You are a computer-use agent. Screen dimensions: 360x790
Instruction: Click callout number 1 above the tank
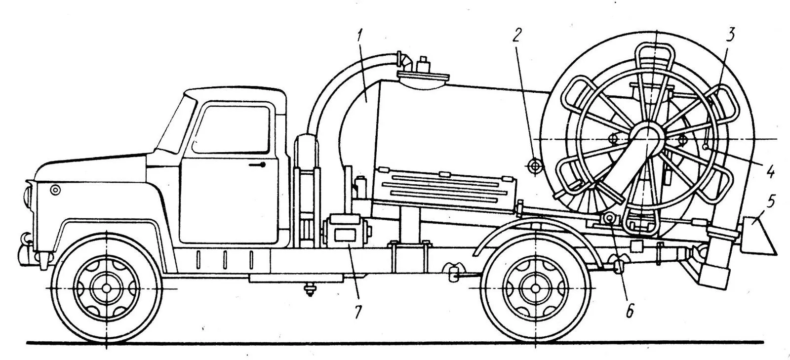[361, 36]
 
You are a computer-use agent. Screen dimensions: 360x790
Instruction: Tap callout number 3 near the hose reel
[730, 34]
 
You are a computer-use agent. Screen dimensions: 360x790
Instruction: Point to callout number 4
[769, 173]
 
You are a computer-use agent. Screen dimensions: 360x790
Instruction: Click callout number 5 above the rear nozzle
[771, 201]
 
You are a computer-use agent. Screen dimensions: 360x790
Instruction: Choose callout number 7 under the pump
[357, 311]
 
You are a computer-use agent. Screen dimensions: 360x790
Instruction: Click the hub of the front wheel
[106, 287]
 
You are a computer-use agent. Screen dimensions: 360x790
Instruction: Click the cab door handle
[257, 165]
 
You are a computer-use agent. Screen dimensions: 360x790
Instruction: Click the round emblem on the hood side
[55, 189]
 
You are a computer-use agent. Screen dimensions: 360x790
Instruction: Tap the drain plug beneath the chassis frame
[310, 289]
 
